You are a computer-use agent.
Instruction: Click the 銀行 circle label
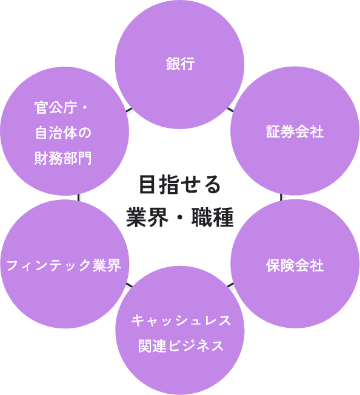coord(180,64)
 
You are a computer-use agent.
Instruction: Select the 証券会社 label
coord(295,131)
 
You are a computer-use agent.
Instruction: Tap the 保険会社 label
coord(295,265)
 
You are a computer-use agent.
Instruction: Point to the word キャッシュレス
coord(180,319)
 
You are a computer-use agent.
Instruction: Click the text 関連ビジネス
coord(180,346)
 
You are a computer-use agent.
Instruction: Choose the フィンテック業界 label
coord(64,265)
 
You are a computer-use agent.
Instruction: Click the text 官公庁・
coord(61,108)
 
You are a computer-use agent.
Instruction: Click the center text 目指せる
coord(180,185)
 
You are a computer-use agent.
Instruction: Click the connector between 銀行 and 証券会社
coord(230,110)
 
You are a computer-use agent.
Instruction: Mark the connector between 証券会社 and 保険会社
coord(284,197)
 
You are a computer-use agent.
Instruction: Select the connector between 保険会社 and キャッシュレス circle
coord(231,286)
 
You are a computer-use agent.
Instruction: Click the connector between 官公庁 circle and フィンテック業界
coord(79,198)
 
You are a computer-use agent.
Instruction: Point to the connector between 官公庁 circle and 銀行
coord(130,111)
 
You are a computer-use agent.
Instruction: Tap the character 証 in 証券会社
coord(273,131)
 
